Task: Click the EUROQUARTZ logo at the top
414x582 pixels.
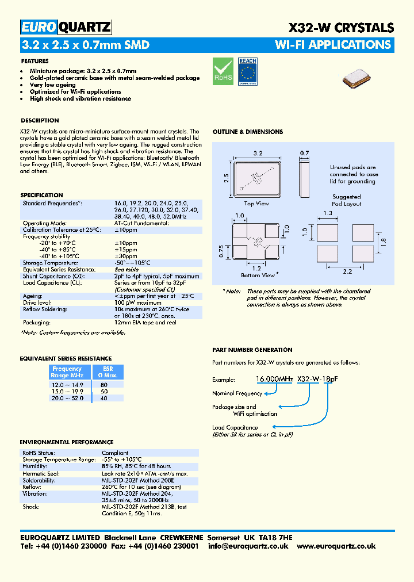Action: (66, 27)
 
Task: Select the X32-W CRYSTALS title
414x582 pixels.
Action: (340, 28)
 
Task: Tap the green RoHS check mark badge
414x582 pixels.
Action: (223, 70)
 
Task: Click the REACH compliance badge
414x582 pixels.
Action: (247, 71)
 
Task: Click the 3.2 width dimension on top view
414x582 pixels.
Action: (258, 154)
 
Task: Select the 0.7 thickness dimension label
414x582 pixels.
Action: (304, 154)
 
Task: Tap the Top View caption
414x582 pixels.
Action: (256, 204)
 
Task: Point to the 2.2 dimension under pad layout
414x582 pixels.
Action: (347, 271)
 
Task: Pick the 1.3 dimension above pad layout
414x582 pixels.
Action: (328, 213)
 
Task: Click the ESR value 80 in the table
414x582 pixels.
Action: (103, 384)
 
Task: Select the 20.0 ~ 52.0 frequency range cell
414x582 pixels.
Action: (67, 398)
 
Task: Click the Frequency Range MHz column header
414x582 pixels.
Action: (67, 372)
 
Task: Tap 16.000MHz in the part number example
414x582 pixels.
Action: (275, 380)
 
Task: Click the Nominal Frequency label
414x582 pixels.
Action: (236, 393)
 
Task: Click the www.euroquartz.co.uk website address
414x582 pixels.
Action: (336, 546)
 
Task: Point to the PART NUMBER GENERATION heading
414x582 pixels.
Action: (252, 350)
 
